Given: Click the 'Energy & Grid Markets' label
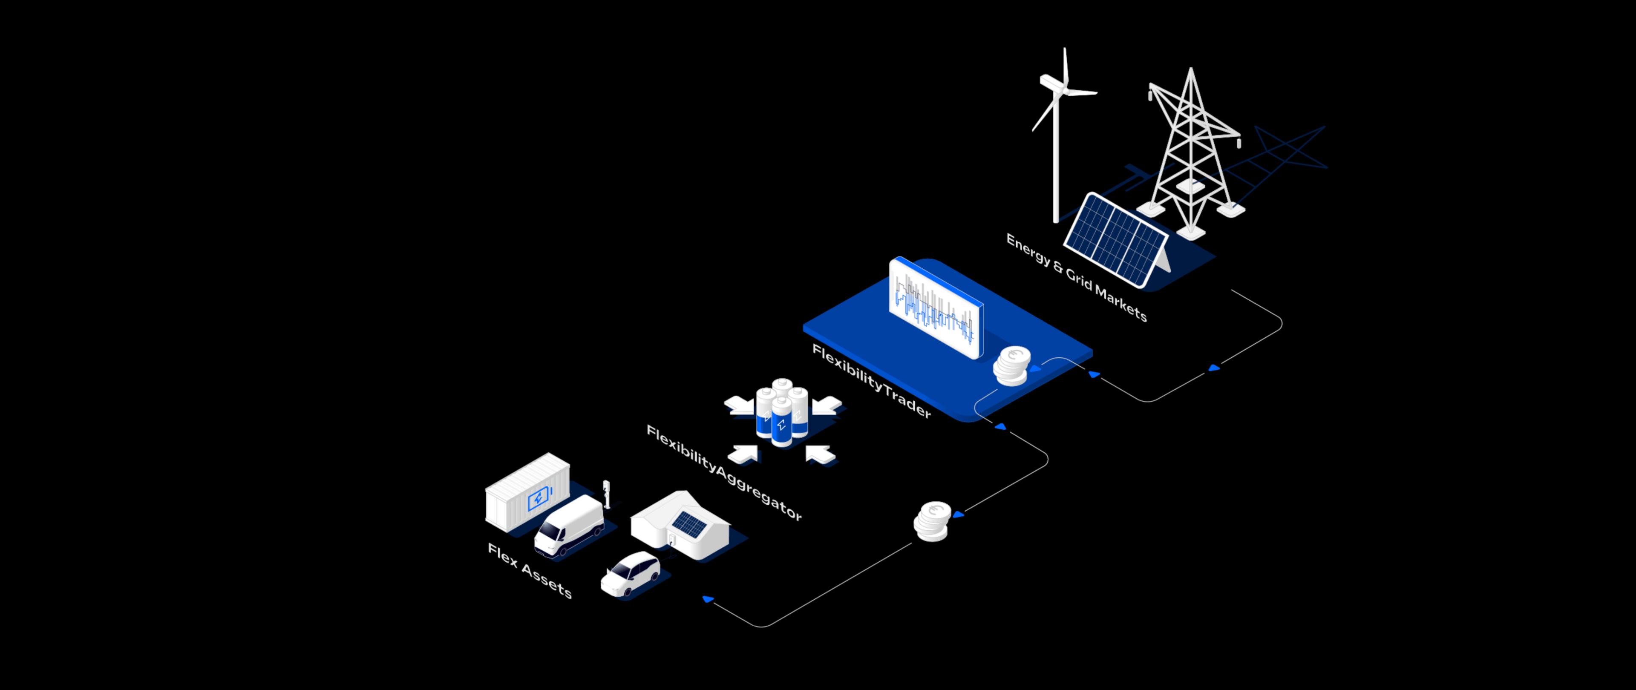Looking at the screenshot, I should coord(1077,277).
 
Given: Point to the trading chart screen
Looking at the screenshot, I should coord(936,307).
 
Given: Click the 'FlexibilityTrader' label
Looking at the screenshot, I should coord(871,381).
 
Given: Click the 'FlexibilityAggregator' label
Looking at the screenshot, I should coord(724,472).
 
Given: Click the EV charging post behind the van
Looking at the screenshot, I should coord(607,494).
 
